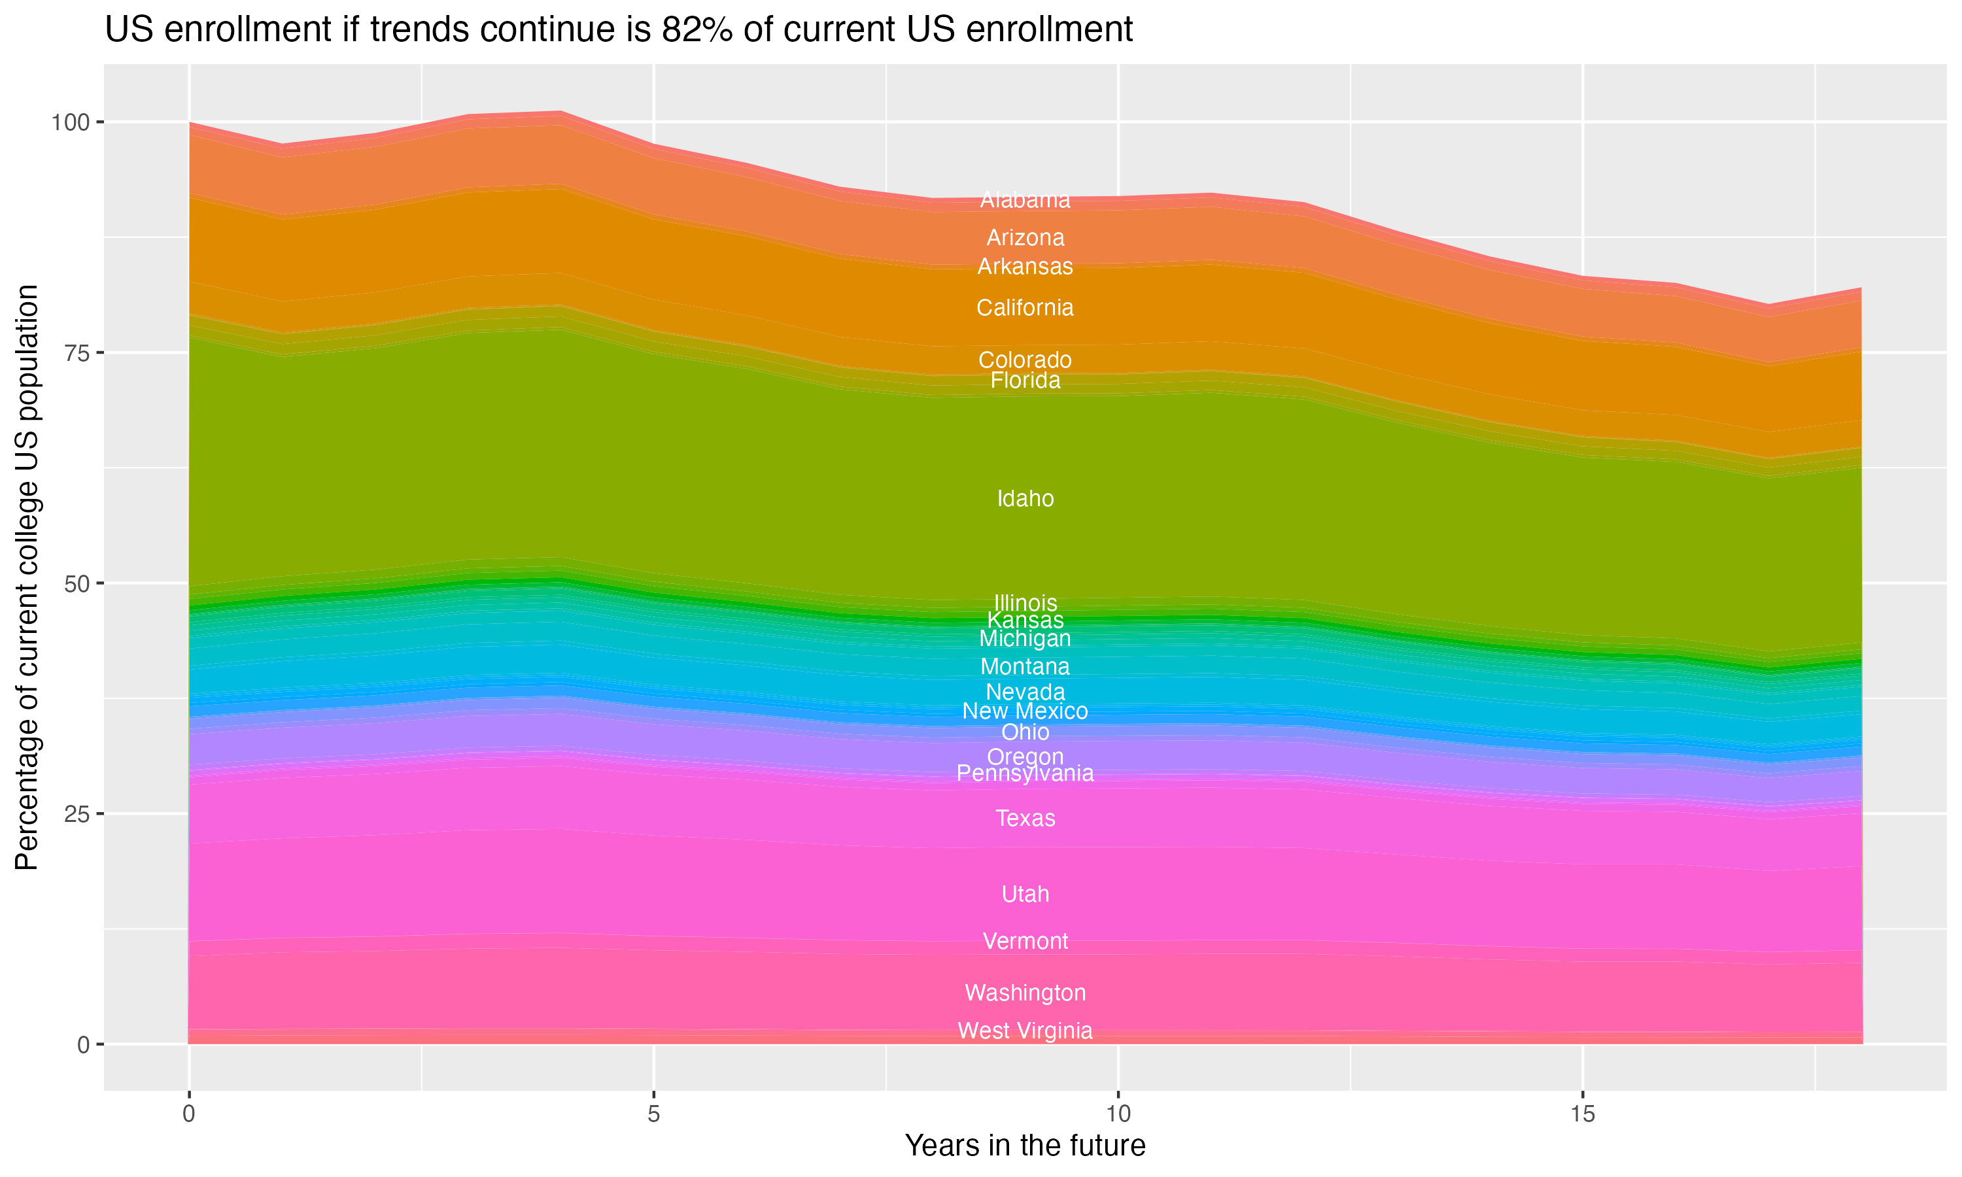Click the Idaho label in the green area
1025,498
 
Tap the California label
1025,308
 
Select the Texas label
1025,818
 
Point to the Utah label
1025,894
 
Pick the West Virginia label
1025,1031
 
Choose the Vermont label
1025,941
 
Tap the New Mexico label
1025,711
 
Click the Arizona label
1025,237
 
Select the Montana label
1025,666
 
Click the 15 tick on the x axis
1582,1114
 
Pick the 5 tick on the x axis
653,1114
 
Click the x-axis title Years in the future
1025,1146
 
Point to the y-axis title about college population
27,577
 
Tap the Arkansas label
1025,267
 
